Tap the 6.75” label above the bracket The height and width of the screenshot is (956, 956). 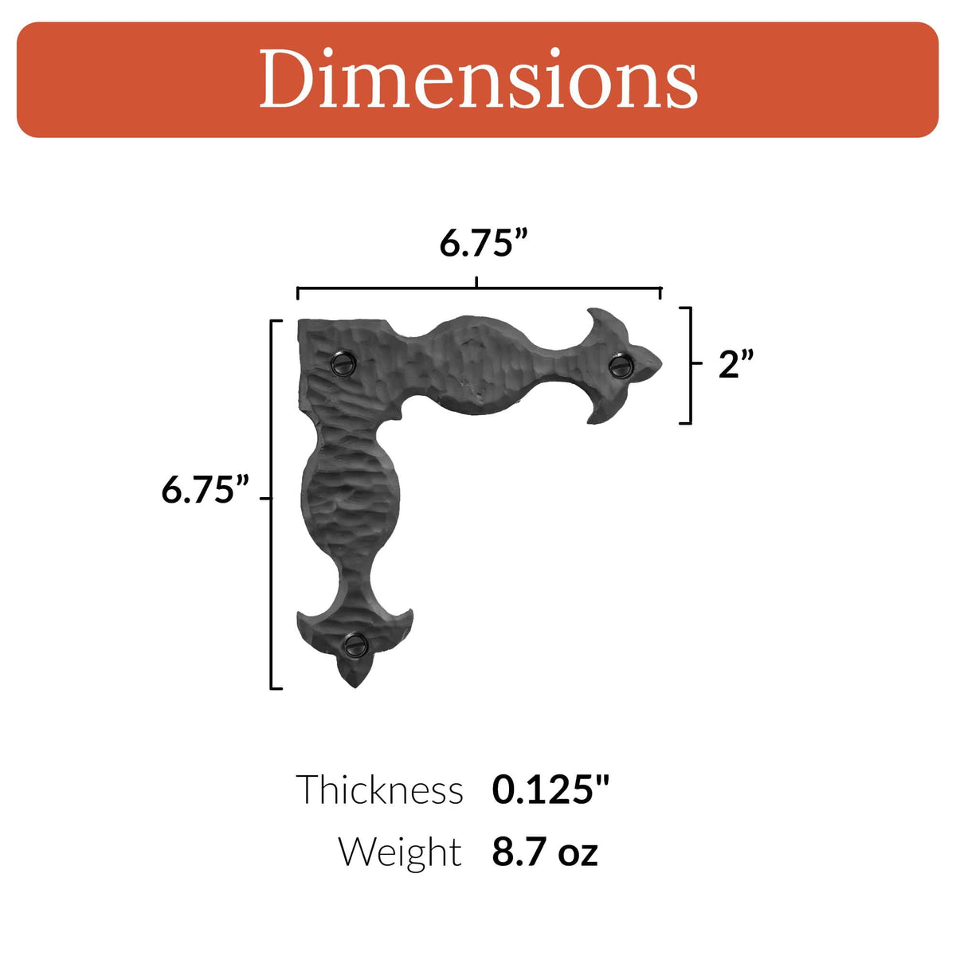point(484,242)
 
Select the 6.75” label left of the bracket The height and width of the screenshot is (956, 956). point(206,489)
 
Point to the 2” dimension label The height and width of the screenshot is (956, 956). point(735,364)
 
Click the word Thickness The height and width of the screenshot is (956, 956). point(379,790)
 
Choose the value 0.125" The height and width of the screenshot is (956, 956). point(550,789)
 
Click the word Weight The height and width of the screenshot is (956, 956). point(400,852)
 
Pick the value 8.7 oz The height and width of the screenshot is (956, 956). point(545,852)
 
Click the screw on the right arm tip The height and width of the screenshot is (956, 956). point(621,365)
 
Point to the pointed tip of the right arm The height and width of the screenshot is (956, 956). point(660,365)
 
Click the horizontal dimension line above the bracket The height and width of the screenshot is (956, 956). point(398,288)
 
